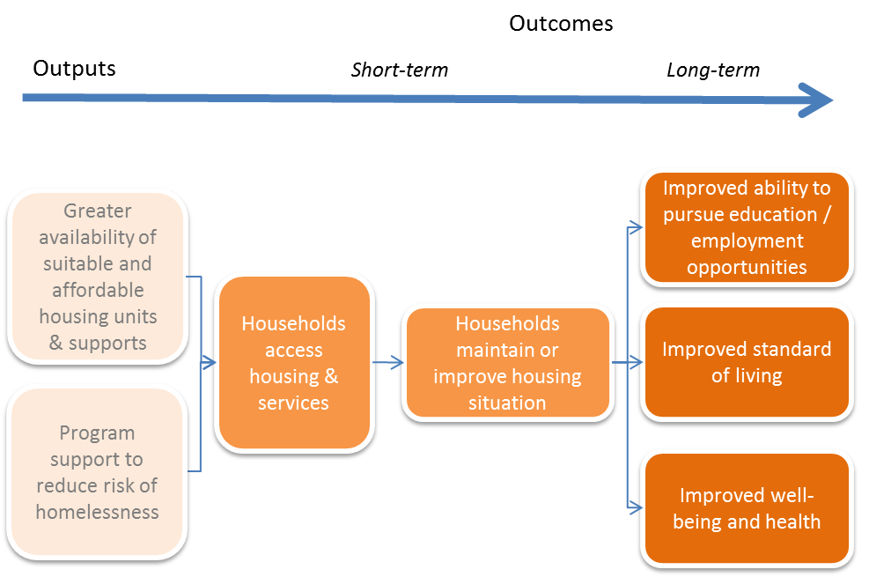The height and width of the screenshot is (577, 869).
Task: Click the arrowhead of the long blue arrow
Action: pyautogui.click(x=817, y=100)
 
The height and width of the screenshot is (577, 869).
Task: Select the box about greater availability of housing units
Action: pyautogui.click(x=97, y=276)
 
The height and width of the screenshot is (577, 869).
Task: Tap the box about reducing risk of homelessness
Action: pyautogui.click(x=97, y=471)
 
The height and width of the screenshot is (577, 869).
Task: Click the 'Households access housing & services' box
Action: pyautogui.click(x=294, y=362)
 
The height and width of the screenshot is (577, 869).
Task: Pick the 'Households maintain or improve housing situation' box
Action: pyautogui.click(x=507, y=362)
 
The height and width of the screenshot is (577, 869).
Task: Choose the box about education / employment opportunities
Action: pyautogui.click(x=747, y=227)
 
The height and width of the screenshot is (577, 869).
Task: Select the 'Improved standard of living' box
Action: pyautogui.click(x=747, y=361)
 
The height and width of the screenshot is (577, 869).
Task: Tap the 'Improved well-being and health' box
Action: pyautogui.click(x=747, y=507)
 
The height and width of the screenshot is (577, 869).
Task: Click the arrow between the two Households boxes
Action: pyautogui.click(x=388, y=362)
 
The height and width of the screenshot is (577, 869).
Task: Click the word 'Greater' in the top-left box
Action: pyautogui.click(x=98, y=211)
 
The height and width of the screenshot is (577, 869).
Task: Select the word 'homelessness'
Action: pyautogui.click(x=98, y=512)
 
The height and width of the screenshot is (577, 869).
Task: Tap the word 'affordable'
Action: pyautogui.click(x=98, y=290)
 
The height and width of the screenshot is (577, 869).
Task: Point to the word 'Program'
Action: pyautogui.click(x=98, y=433)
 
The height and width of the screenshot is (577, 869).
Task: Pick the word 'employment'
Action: pyautogui.click(x=747, y=240)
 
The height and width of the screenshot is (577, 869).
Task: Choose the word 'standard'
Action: pyautogui.click(x=790, y=349)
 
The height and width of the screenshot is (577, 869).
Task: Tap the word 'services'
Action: pyautogui.click(x=293, y=403)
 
